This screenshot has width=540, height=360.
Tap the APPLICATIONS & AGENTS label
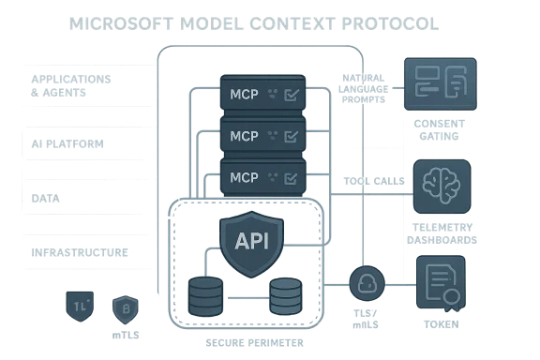(71, 85)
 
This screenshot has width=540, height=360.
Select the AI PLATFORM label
(67, 143)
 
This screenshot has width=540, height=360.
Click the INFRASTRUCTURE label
(80, 253)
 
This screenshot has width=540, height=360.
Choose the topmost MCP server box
(262, 93)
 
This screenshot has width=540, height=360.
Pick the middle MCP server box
(262, 135)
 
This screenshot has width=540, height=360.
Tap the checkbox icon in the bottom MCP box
(292, 176)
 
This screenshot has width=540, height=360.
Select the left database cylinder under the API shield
(206, 294)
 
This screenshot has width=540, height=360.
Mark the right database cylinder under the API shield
(287, 293)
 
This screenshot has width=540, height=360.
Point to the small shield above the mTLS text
(127, 307)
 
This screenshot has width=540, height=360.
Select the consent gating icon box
(437, 83)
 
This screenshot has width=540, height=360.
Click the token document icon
(441, 284)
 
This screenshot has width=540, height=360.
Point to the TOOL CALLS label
(373, 181)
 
